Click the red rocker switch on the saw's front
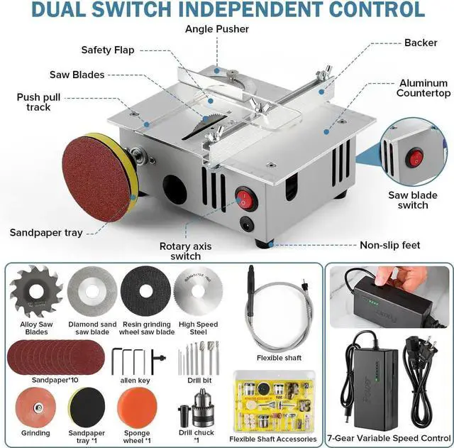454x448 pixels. coord(243,197)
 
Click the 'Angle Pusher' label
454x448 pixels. coord(217,29)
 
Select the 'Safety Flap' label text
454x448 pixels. coord(107,50)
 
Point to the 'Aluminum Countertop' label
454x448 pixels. coord(423,88)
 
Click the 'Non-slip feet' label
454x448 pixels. coord(389,246)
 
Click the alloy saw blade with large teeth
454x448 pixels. coord(35,290)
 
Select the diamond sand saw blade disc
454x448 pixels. coord(92,290)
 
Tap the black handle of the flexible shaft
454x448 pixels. coord(250,291)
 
